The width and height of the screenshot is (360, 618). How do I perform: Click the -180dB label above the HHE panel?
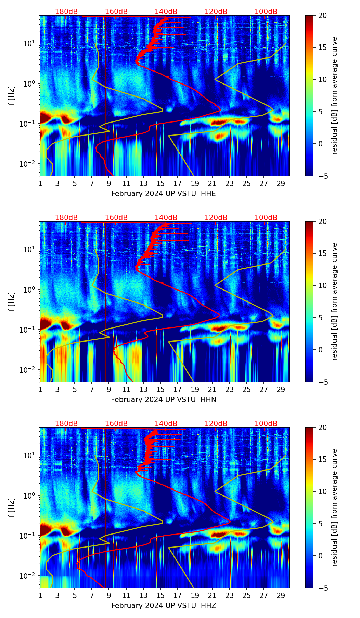coord(65,12)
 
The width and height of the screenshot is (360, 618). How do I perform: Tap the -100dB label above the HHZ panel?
coord(265,424)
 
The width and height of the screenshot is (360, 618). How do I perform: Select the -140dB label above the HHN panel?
coord(165,218)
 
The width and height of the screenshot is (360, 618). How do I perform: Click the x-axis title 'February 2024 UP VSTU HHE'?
coord(163,194)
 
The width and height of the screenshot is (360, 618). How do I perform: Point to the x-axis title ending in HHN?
coord(163,400)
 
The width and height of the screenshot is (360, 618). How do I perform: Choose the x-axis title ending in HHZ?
coord(163,606)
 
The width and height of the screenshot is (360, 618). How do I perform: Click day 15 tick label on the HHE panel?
coord(160,183)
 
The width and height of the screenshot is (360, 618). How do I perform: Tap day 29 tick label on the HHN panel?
coord(281,389)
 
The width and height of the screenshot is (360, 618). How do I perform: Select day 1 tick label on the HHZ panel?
coord(40,595)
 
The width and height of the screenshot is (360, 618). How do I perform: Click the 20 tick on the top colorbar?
coord(322,16)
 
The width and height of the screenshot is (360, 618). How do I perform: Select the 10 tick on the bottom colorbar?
coord(322,492)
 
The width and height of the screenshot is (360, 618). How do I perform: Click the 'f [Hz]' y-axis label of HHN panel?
coord(12,301)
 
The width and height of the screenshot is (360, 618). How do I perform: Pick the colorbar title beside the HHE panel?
coord(335,96)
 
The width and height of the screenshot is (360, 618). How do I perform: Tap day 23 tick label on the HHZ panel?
coord(229,595)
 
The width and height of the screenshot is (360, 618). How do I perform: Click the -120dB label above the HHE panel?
coord(215,12)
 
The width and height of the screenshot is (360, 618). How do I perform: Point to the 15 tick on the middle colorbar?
coord(322,254)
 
